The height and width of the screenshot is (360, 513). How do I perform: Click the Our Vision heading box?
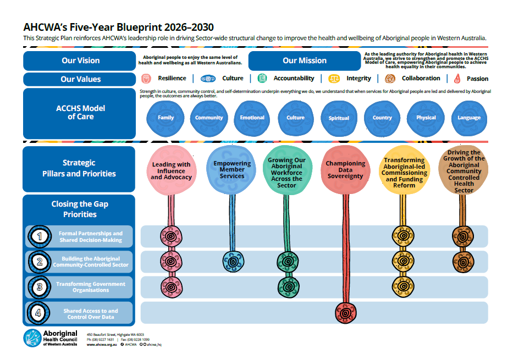[80, 60]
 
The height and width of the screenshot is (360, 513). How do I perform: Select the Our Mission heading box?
[304, 60]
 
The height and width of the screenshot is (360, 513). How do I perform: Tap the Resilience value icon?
[146, 79]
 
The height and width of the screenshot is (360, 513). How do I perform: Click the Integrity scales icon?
[334, 79]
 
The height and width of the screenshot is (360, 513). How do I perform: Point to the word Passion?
[477, 79]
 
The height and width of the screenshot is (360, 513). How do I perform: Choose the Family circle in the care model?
[166, 117]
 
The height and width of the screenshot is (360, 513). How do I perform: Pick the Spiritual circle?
[339, 117]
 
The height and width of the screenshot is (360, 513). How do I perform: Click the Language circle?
[468, 117]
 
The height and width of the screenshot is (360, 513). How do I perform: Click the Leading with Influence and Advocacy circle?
[171, 170]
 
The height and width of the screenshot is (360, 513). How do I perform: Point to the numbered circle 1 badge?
[39, 236]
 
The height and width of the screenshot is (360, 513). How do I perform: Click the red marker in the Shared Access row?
[345, 314]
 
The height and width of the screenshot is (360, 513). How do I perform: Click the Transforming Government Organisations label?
[90, 287]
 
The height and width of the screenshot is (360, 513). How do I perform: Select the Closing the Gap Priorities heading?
[80, 209]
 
